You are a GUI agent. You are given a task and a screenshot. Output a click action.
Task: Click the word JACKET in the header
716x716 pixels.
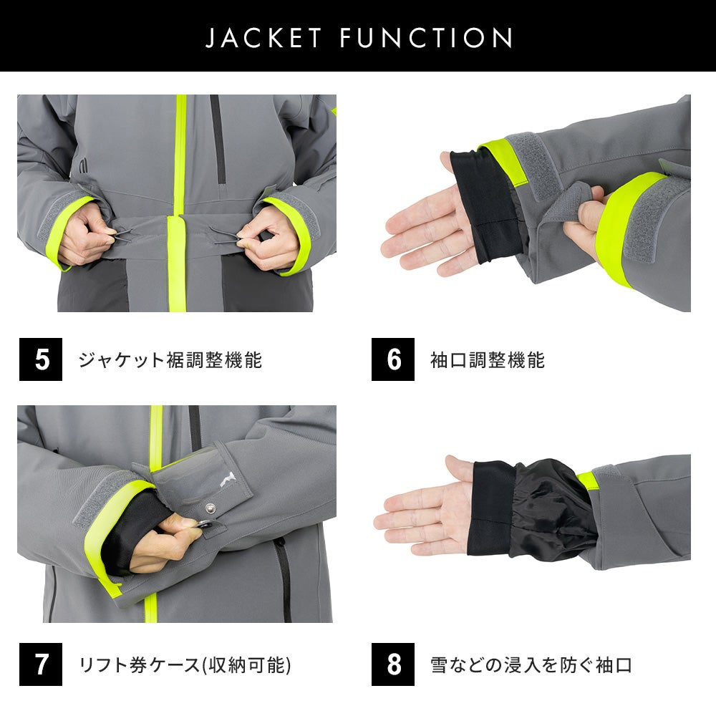point(263,37)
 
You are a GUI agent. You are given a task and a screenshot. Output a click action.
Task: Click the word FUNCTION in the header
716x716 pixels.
point(427,37)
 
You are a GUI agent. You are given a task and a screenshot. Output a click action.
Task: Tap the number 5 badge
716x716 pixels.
point(41,359)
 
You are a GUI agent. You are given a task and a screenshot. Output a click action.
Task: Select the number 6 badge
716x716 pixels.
point(392,359)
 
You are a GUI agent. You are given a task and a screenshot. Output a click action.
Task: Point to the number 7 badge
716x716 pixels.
point(41,664)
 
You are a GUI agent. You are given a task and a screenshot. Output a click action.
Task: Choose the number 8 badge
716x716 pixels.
point(392,664)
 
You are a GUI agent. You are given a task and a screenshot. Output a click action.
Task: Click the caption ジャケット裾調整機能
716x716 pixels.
point(170,360)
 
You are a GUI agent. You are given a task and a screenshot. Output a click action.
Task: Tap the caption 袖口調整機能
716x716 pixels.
point(488,360)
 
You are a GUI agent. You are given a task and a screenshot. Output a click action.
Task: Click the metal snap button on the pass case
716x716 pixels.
point(210,507)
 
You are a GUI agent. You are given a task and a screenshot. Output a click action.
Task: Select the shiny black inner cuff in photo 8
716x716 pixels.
point(555,509)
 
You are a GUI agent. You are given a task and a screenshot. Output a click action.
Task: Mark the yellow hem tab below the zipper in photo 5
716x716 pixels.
point(176,263)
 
